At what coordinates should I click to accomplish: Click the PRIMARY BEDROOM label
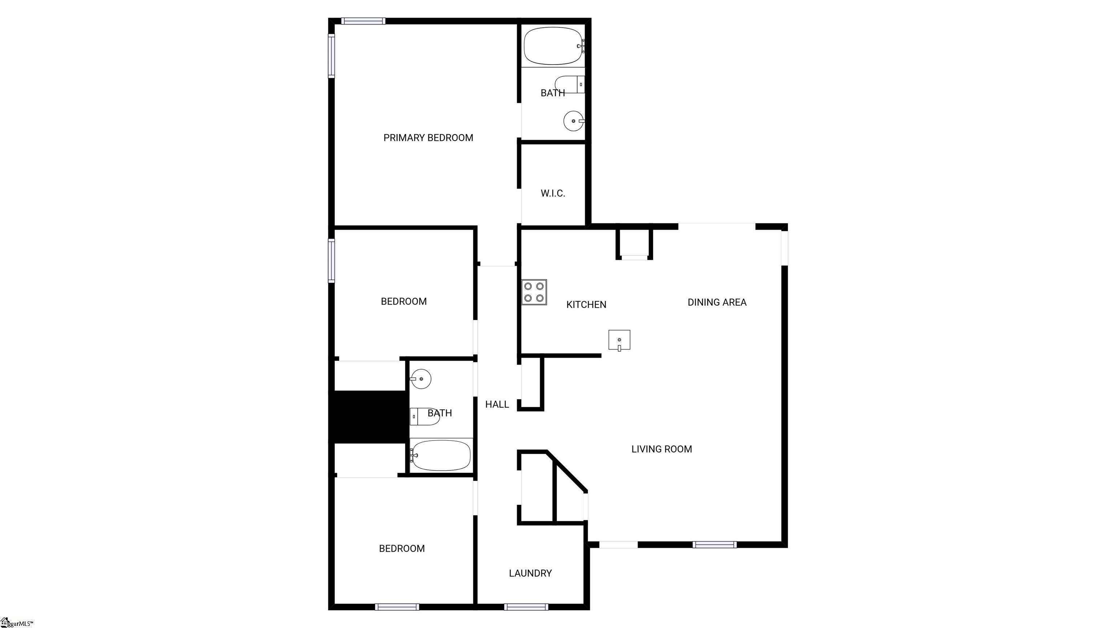(x=428, y=138)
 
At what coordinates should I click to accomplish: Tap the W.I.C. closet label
(x=553, y=193)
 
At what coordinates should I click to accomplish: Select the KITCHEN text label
(x=586, y=305)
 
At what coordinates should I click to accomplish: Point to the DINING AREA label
(x=717, y=302)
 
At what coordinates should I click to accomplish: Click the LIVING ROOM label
(x=662, y=449)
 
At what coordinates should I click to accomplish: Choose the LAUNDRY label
(x=530, y=573)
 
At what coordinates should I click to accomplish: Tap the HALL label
(x=497, y=404)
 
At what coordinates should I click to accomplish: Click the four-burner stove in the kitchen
(x=534, y=292)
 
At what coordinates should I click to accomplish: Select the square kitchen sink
(x=619, y=340)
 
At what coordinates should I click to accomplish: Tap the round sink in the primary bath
(x=574, y=121)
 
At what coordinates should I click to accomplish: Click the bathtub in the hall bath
(x=440, y=455)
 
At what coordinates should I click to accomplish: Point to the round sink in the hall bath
(x=421, y=379)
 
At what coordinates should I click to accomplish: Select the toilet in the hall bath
(x=425, y=416)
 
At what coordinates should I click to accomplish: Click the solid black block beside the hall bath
(x=369, y=417)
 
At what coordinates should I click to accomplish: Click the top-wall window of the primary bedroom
(x=363, y=21)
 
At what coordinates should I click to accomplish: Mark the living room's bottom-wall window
(x=715, y=545)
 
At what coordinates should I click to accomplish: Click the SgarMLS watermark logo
(x=16, y=623)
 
